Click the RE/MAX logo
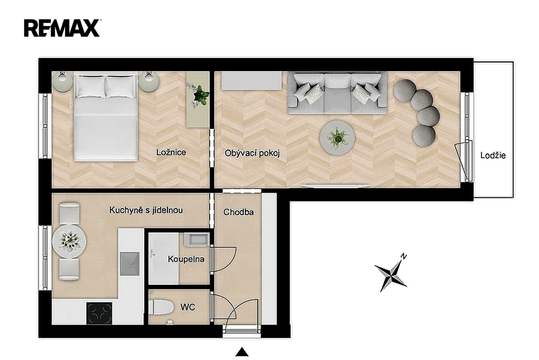pos(62,28)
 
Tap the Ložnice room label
pos(171,152)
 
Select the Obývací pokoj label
pos(252,153)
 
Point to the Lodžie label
pos(493,155)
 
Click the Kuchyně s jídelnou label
pos(146,210)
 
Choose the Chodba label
pos(238,212)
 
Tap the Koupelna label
pos(186,259)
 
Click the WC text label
pos(188,307)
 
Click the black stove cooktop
pos(99,313)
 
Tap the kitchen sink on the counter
pos(129,264)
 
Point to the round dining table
pos(69,241)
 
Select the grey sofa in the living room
pos(337,93)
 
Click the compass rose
pos(391,273)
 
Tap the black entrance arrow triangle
pos(242,352)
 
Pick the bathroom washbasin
pos(196,239)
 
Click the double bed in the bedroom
pos(105,117)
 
